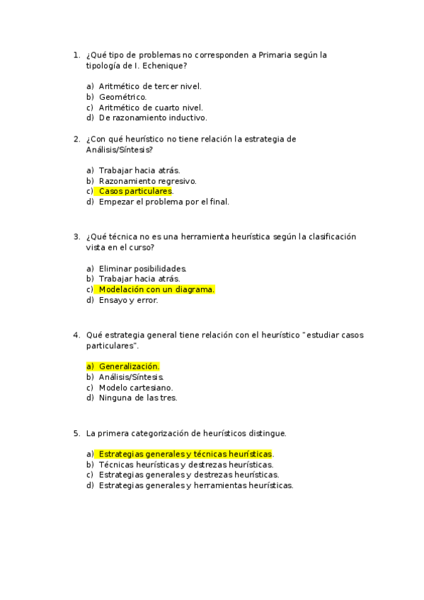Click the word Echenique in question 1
[x=164, y=66]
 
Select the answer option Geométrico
[x=122, y=97]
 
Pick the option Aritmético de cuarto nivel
[x=151, y=108]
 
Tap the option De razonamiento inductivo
[x=152, y=118]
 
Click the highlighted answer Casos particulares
[x=135, y=191]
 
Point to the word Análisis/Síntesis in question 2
[x=118, y=149]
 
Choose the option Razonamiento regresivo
[x=147, y=180]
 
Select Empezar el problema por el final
[x=164, y=202]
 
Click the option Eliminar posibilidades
[x=142, y=268]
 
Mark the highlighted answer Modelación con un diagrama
[x=156, y=289]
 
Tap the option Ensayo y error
[x=128, y=300]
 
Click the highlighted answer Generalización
[x=129, y=367]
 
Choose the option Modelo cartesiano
[x=135, y=387]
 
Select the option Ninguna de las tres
[x=137, y=398]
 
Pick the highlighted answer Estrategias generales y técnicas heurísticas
[x=185, y=454]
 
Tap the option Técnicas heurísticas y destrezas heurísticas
[x=185, y=464]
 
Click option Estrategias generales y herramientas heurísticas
[x=195, y=485]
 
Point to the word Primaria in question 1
[x=280, y=55]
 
